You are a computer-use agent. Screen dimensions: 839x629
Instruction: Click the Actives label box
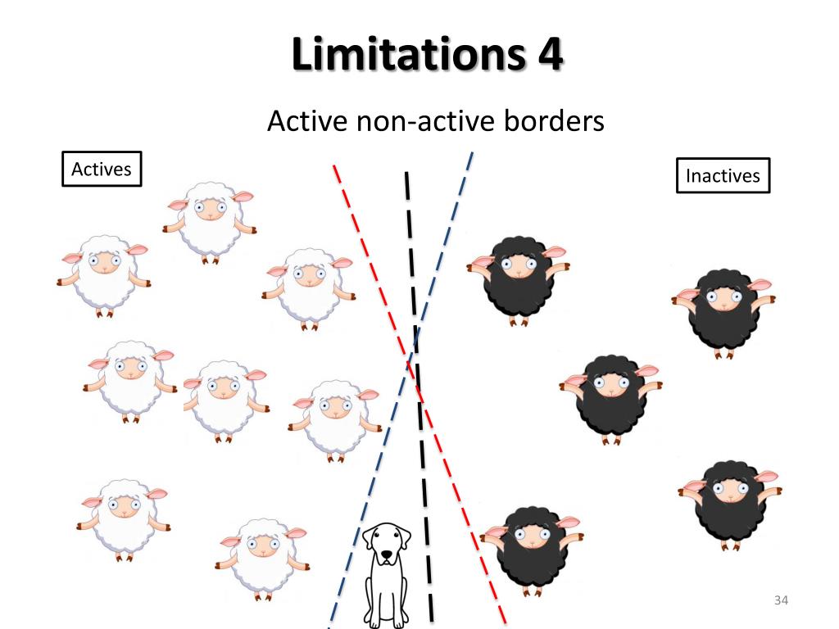(102, 170)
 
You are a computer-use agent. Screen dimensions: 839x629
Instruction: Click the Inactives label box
(723, 175)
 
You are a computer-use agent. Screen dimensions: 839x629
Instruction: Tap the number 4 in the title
(550, 55)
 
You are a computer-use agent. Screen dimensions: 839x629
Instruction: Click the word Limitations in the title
(402, 55)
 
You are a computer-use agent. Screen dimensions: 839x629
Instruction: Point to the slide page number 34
(780, 602)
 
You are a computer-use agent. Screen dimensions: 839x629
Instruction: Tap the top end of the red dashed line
(333, 166)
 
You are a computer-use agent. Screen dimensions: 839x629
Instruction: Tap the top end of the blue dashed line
(473, 153)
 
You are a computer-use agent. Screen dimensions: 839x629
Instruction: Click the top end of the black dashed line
(406, 174)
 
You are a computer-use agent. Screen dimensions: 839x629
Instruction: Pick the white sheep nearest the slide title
(210, 219)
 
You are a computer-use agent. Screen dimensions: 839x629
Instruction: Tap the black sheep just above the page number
(729, 500)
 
